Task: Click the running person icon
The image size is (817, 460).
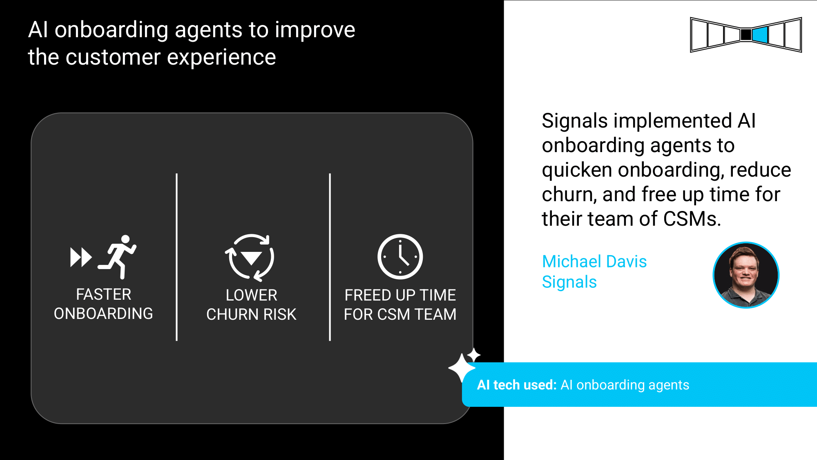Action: pyautogui.click(x=118, y=257)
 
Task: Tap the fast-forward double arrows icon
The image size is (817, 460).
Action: pyautogui.click(x=81, y=257)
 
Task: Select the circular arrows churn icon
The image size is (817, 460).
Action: pyautogui.click(x=250, y=257)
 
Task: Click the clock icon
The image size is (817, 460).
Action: pyautogui.click(x=400, y=257)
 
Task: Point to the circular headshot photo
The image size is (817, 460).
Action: pyautogui.click(x=746, y=275)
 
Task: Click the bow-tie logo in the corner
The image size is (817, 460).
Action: pyautogui.click(x=746, y=35)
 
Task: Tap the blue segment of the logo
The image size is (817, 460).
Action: pyautogui.click(x=760, y=35)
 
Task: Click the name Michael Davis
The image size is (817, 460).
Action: pyautogui.click(x=594, y=261)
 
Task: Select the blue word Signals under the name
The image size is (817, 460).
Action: pyautogui.click(x=569, y=282)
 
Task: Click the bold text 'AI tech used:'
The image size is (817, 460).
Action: pyautogui.click(x=517, y=385)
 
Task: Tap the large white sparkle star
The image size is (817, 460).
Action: pyautogui.click(x=462, y=368)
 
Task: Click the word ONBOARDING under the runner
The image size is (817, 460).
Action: pyautogui.click(x=103, y=314)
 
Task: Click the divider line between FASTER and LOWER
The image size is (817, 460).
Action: pyautogui.click(x=176, y=257)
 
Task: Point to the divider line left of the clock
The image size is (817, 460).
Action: pyautogui.click(x=330, y=257)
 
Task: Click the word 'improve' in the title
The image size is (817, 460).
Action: pyautogui.click(x=315, y=30)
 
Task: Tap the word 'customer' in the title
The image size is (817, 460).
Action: pyautogui.click(x=114, y=57)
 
